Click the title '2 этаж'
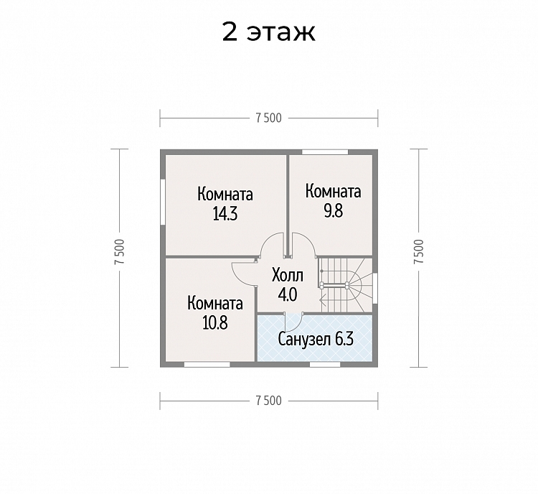pyautogui.click(x=269, y=32)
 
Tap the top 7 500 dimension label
pyautogui.click(x=269, y=118)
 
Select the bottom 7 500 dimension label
pyautogui.click(x=269, y=401)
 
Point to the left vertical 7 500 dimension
pyautogui.click(x=120, y=251)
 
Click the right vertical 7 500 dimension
pyautogui.click(x=419, y=251)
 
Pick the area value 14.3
pyautogui.click(x=225, y=215)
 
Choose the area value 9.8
pyautogui.click(x=334, y=211)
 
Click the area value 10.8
pyautogui.click(x=215, y=323)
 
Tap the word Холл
pyautogui.click(x=288, y=276)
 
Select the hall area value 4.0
pyautogui.click(x=288, y=295)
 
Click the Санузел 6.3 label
pyautogui.click(x=316, y=340)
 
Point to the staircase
pyautogui.click(x=346, y=286)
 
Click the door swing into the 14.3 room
pyautogui.click(x=272, y=245)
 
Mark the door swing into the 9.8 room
pyautogui.click(x=303, y=245)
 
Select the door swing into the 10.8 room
pyautogui.click(x=244, y=274)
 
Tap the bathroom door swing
pyautogui.click(x=294, y=322)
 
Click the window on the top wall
pyautogui.click(x=325, y=152)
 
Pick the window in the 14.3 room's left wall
pyautogui.click(x=163, y=202)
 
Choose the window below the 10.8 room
pyautogui.click(x=207, y=364)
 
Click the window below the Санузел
pyautogui.click(x=325, y=364)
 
